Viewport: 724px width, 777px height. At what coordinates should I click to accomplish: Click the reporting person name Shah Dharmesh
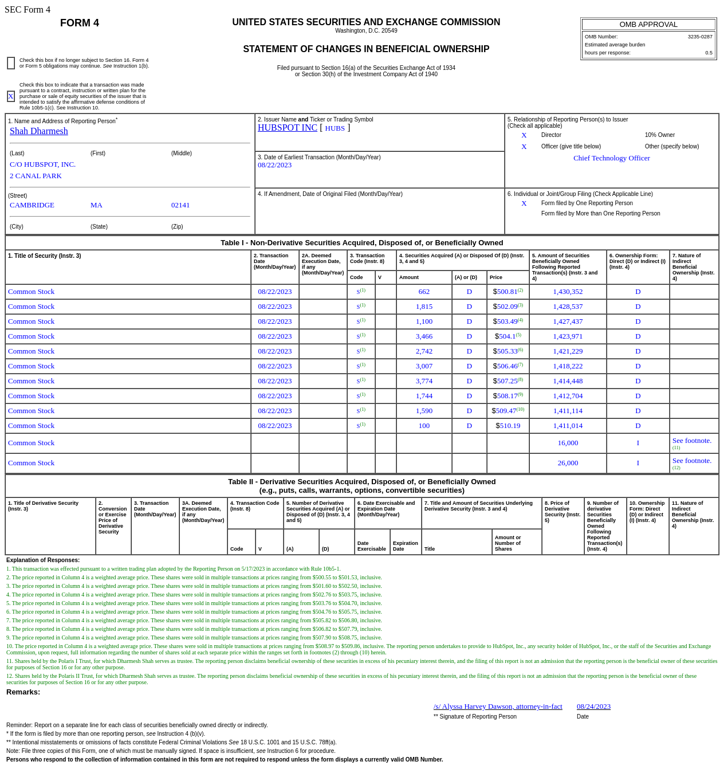coord(38,131)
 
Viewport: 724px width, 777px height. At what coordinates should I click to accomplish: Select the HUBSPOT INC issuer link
coord(287,128)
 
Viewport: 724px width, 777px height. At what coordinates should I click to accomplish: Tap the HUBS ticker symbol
coord(335,128)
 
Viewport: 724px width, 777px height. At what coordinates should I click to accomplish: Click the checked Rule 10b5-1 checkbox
coord(11,96)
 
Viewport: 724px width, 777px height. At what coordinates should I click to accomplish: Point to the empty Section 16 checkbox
coord(11,63)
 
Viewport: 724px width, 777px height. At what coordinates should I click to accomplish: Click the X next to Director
coord(524,135)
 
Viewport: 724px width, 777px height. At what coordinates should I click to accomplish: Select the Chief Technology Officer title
coord(611,158)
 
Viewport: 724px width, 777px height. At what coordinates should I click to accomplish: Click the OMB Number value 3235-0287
coord(699,37)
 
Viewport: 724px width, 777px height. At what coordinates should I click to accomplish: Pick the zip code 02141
coord(180,205)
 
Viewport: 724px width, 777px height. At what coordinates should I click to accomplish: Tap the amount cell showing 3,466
coord(424,336)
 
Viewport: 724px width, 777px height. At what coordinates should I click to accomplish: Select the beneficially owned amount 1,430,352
coord(567,292)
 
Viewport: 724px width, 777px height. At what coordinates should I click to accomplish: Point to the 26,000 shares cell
coord(567,463)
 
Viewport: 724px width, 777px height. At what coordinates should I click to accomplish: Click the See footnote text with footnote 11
coord(691,441)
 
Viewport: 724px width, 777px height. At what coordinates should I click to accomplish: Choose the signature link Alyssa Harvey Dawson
coord(497,707)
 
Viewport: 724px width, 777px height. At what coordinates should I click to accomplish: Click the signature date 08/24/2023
coord(593,707)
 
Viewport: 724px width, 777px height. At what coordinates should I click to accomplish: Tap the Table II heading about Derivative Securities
coord(361,486)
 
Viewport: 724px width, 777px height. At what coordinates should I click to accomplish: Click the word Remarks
coord(23,692)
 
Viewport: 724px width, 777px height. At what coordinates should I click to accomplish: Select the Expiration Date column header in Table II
coord(405,546)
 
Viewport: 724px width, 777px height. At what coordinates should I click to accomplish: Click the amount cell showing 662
coord(424,292)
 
